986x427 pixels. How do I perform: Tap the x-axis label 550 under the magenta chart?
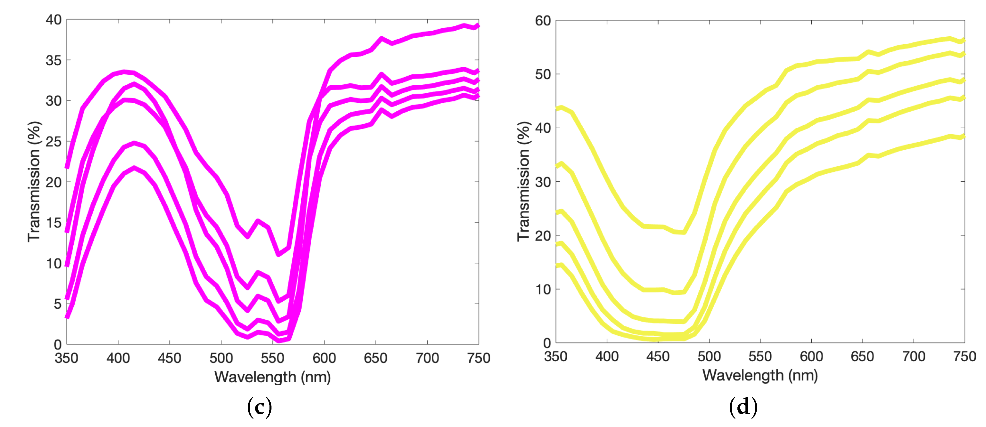(273, 358)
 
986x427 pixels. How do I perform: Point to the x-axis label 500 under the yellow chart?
(709, 357)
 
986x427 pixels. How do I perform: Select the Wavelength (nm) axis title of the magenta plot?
(273, 377)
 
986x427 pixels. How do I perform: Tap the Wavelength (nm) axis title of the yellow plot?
(760, 375)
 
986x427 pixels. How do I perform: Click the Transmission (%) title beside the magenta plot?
(34, 182)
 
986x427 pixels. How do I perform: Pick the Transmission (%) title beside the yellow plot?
(523, 182)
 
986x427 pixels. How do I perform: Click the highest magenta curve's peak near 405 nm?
(124, 72)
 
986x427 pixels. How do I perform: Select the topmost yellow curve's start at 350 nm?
(557, 109)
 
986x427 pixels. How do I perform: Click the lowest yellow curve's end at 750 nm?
(963, 136)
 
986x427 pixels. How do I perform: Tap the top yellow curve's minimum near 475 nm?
(684, 232)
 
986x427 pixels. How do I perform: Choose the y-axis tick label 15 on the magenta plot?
(54, 223)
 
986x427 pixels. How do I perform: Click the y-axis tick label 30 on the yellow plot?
(543, 182)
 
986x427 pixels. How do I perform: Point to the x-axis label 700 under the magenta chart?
(427, 358)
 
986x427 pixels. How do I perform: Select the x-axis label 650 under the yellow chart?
(862, 357)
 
